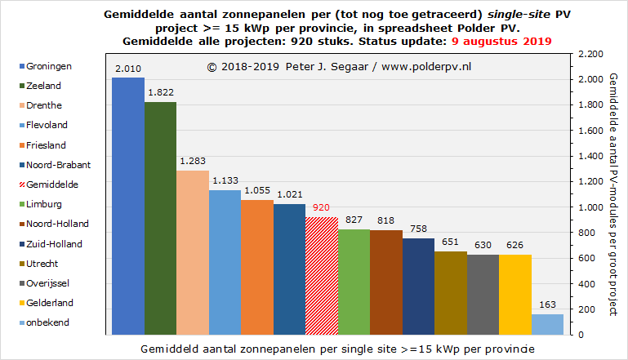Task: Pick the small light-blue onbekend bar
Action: [547, 324]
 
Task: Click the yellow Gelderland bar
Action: [514, 294]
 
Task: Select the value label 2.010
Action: [128, 69]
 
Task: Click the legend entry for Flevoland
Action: [47, 125]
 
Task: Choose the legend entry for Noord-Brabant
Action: [58, 164]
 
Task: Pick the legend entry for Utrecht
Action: [42, 263]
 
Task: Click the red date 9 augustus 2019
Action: [501, 41]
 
